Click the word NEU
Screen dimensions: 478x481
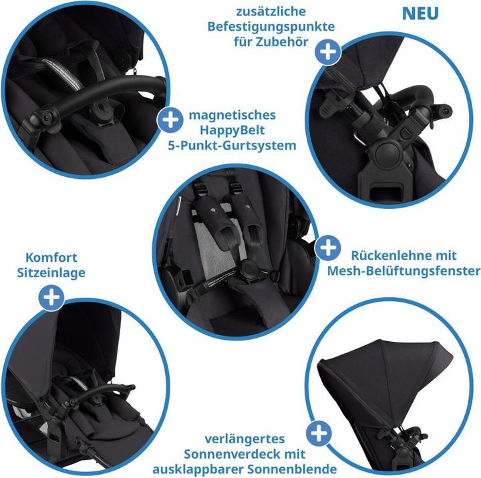[420, 13]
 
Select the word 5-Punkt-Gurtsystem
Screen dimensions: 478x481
[232, 145]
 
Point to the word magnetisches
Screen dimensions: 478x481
[232, 115]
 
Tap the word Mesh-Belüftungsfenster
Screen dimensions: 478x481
[404, 270]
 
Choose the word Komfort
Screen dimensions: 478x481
[51, 257]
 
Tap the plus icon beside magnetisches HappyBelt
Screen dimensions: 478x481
[170, 120]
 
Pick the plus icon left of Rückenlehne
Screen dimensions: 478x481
[327, 249]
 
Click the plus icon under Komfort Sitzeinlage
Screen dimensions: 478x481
[51, 296]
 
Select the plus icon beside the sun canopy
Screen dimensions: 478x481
[321, 434]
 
